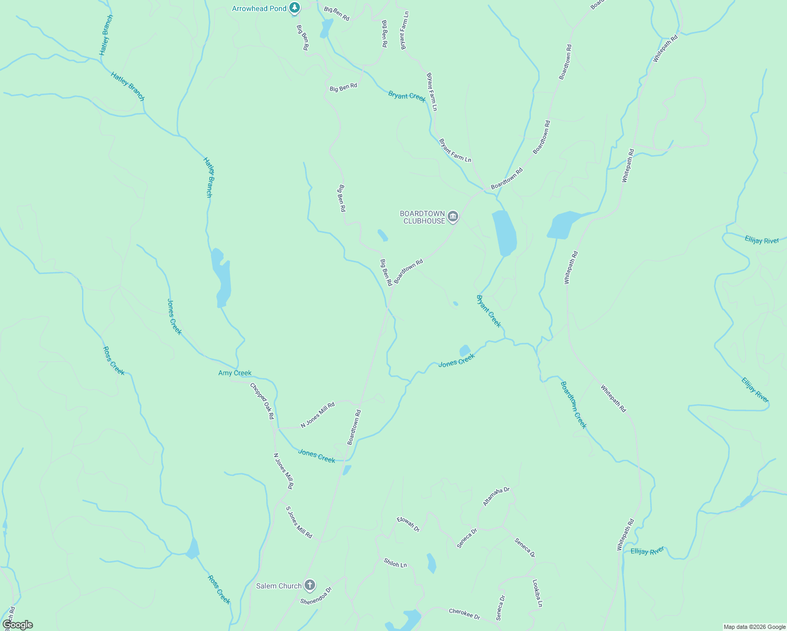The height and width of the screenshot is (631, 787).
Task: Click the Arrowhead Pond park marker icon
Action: (x=295, y=8)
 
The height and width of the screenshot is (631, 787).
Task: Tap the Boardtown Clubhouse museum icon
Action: (x=453, y=217)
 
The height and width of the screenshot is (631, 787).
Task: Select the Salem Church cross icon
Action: (x=310, y=585)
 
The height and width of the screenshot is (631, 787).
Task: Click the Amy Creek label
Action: (x=235, y=373)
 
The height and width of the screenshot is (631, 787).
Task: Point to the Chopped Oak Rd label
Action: (x=262, y=401)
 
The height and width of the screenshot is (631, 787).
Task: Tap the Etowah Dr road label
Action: (x=408, y=524)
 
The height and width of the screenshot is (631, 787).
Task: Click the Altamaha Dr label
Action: (x=497, y=496)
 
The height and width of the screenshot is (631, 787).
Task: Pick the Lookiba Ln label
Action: (x=537, y=594)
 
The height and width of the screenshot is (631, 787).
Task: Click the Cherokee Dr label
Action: (x=465, y=614)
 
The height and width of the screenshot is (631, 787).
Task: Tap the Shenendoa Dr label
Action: (x=316, y=596)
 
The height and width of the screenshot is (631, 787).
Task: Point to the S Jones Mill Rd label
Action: (x=299, y=522)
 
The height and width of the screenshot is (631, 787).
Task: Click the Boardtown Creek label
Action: (x=573, y=405)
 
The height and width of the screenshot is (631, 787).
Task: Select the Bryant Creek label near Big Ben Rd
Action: (x=407, y=96)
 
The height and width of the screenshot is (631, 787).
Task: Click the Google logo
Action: (x=17, y=625)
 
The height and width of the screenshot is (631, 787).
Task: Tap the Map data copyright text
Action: (x=754, y=627)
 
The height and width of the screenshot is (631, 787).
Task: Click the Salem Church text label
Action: (x=279, y=586)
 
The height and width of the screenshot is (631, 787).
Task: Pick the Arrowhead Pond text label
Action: (x=259, y=8)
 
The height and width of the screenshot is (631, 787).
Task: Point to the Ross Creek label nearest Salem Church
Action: (x=219, y=589)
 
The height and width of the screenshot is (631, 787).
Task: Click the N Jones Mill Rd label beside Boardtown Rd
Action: (x=317, y=415)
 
